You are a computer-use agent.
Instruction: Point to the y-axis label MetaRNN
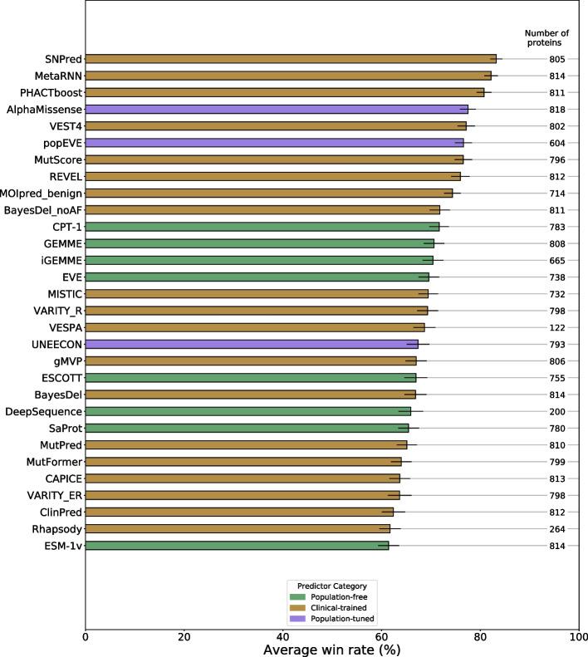tap(60, 76)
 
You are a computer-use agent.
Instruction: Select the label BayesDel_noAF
tap(44, 210)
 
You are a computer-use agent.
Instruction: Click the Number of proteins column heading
tap(544, 37)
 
